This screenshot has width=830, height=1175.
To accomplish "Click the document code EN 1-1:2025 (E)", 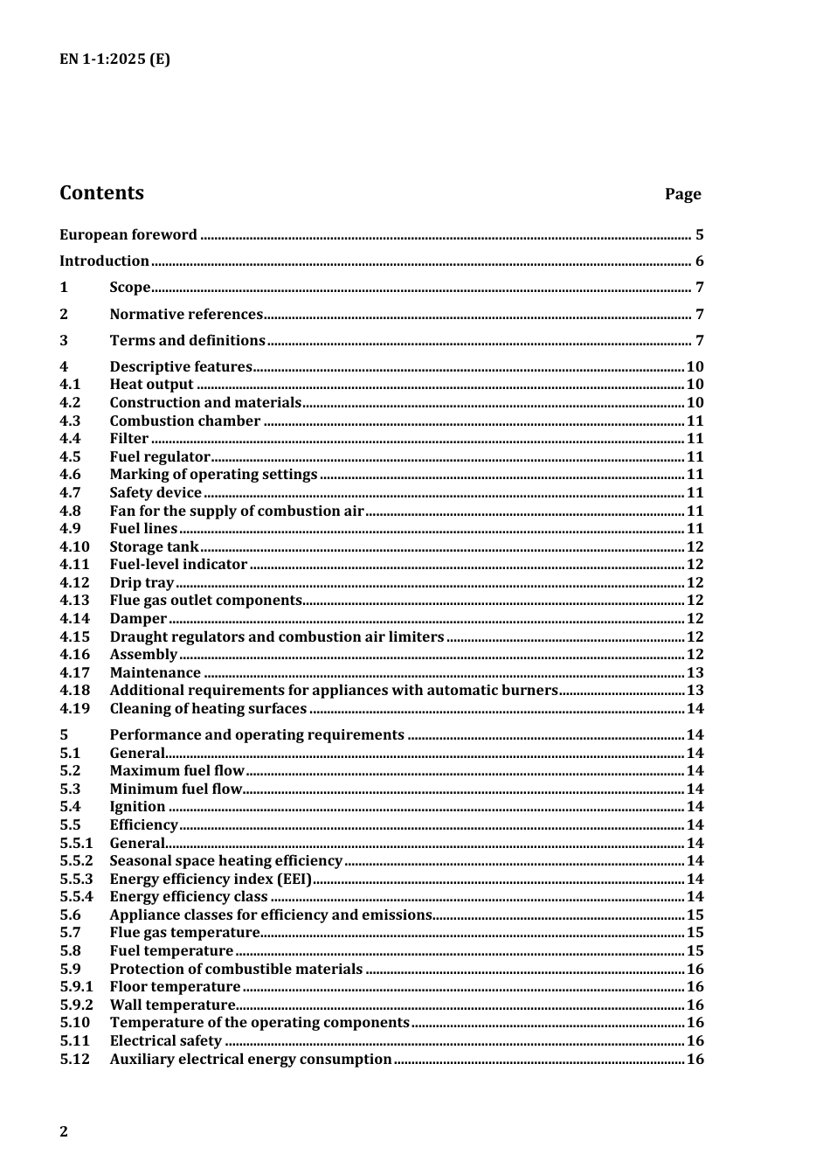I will point(114,59).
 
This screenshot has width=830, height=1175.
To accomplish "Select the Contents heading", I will point(101,193).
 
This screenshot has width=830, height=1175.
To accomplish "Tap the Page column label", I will point(682,194).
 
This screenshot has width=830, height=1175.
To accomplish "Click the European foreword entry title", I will point(128,234).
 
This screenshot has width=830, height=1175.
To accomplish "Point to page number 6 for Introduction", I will point(699,261).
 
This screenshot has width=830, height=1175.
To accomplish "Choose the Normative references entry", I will point(186,314).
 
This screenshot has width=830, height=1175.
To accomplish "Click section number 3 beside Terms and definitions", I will point(64,340).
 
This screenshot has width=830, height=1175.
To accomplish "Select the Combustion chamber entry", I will point(184,421).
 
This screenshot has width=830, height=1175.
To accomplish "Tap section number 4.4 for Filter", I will point(70,439).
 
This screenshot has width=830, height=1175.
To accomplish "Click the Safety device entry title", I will point(156,492).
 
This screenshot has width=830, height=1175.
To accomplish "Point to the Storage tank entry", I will point(154,546).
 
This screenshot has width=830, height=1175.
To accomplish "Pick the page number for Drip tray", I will point(695,582).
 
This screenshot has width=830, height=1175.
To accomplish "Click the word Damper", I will point(138,618).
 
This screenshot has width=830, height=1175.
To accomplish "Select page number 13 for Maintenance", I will point(695,672).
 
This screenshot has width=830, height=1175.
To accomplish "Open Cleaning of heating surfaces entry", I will point(208,708).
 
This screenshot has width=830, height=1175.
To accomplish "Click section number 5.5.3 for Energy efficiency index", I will point(76,879).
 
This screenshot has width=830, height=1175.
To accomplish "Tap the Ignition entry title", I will point(137,806).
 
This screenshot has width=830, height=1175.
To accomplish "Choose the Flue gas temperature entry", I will point(184,932).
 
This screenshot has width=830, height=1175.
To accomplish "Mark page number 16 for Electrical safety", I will point(695,1040).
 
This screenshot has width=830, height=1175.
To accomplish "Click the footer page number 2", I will point(64,1131).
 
